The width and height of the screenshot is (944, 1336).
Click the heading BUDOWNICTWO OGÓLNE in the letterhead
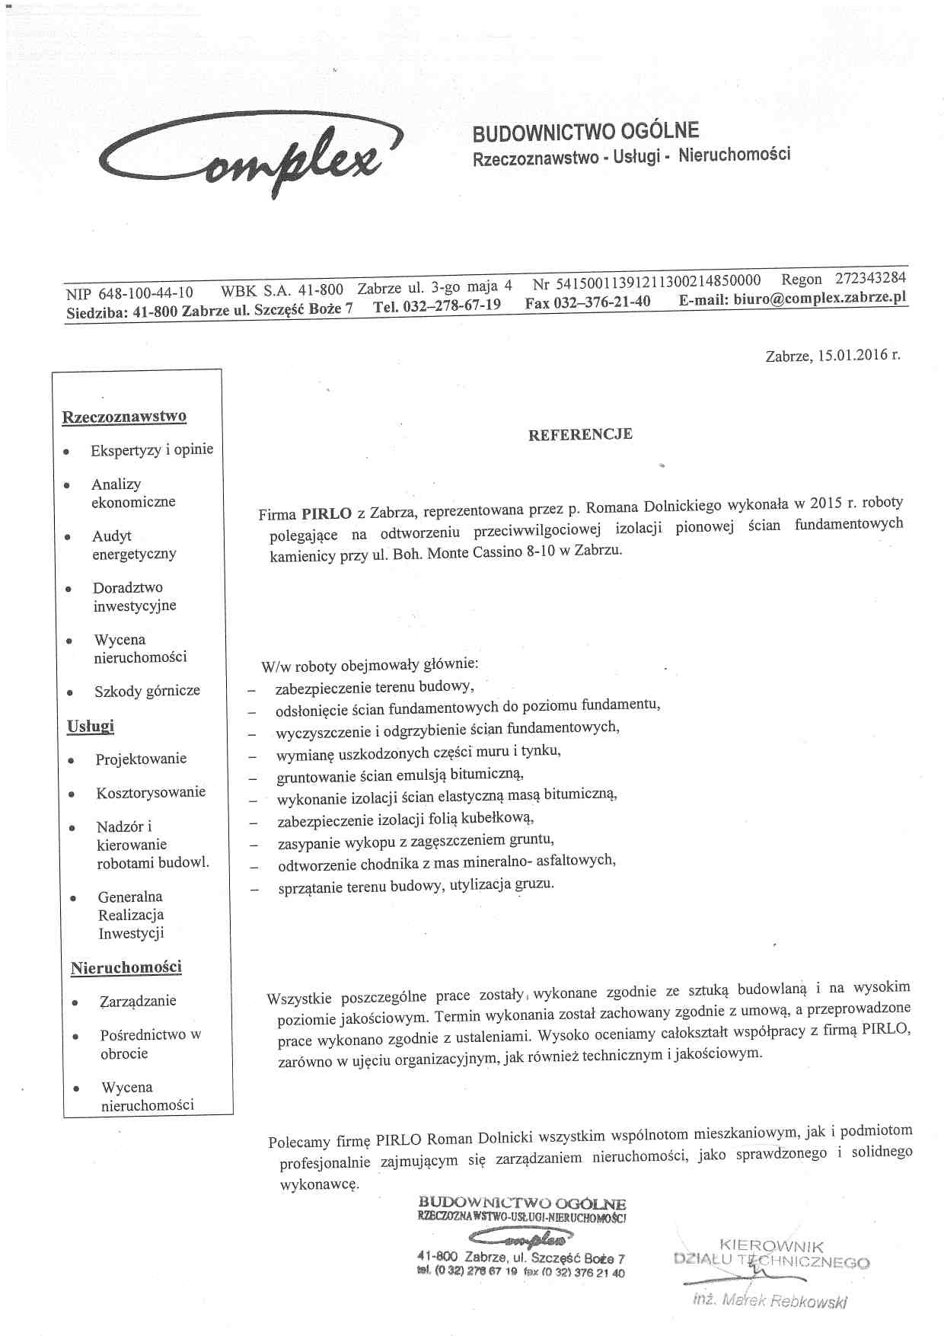[585, 132]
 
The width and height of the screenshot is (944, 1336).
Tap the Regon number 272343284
[870, 278]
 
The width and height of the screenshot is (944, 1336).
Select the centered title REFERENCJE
[580, 434]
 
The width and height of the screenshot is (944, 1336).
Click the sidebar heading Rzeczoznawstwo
[124, 417]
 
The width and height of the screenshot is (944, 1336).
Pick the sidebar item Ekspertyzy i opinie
[151, 450]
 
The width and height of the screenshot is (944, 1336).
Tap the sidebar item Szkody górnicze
[147, 691]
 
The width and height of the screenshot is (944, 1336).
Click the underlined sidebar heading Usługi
[91, 725]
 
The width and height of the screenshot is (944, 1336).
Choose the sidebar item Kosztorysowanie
[151, 792]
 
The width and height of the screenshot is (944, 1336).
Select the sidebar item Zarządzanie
[138, 1001]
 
